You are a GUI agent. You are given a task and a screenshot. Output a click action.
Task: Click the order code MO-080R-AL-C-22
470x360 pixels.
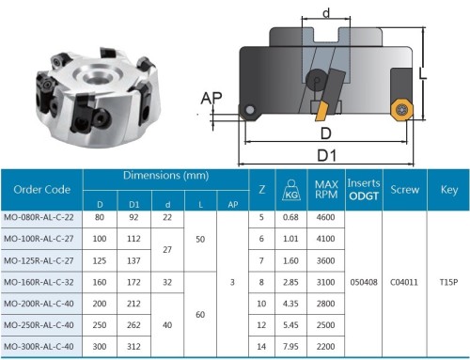39,217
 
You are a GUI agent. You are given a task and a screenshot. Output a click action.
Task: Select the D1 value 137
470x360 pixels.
133,260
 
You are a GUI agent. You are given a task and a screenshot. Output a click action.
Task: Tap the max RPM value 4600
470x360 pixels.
325,217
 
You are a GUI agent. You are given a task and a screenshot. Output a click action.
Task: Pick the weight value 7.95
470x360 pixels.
290,347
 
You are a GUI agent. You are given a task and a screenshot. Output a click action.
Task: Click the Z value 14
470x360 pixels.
261,347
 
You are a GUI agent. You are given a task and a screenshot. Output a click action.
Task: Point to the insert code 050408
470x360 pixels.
364,282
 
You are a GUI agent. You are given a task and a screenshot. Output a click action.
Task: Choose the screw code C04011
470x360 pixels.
404,282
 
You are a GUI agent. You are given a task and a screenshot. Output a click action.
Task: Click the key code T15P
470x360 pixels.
448,282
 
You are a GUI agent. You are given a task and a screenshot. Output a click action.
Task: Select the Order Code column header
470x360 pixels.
41,190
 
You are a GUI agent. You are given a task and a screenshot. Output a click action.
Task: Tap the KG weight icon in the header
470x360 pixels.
291,190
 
